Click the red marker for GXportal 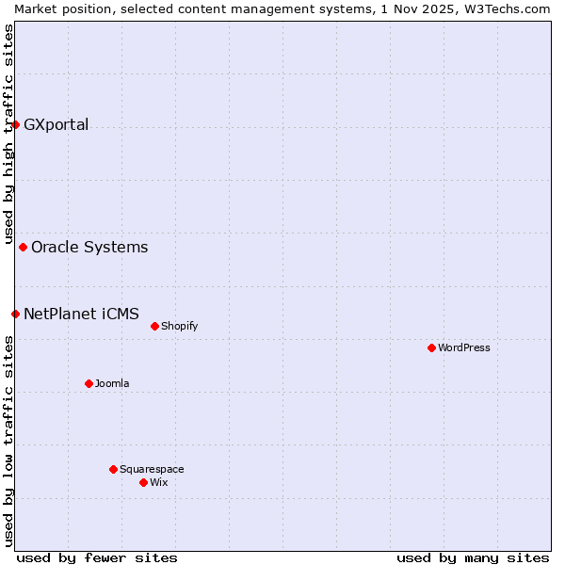(15, 124)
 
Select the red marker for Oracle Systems (23, 248)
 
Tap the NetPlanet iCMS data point (15, 314)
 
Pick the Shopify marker (154, 327)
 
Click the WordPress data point (431, 348)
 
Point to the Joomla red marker (89, 383)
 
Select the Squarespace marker (113, 469)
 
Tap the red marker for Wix (143, 482)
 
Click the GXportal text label (56, 125)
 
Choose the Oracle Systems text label (89, 248)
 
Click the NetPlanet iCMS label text (81, 314)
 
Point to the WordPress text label (464, 348)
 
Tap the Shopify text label (179, 327)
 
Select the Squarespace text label (152, 469)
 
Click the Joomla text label (112, 383)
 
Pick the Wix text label (159, 482)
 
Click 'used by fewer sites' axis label (97, 557)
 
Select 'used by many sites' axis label (473, 557)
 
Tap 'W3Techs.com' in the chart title (512, 8)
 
